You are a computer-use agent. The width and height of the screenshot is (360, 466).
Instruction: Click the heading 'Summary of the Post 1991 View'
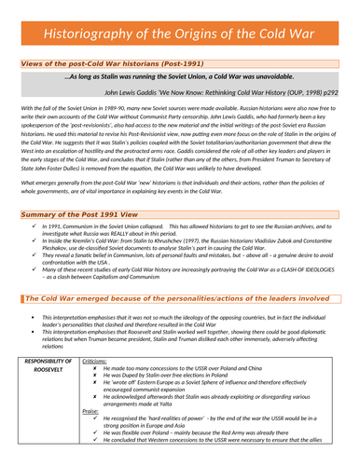tap(79, 214)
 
